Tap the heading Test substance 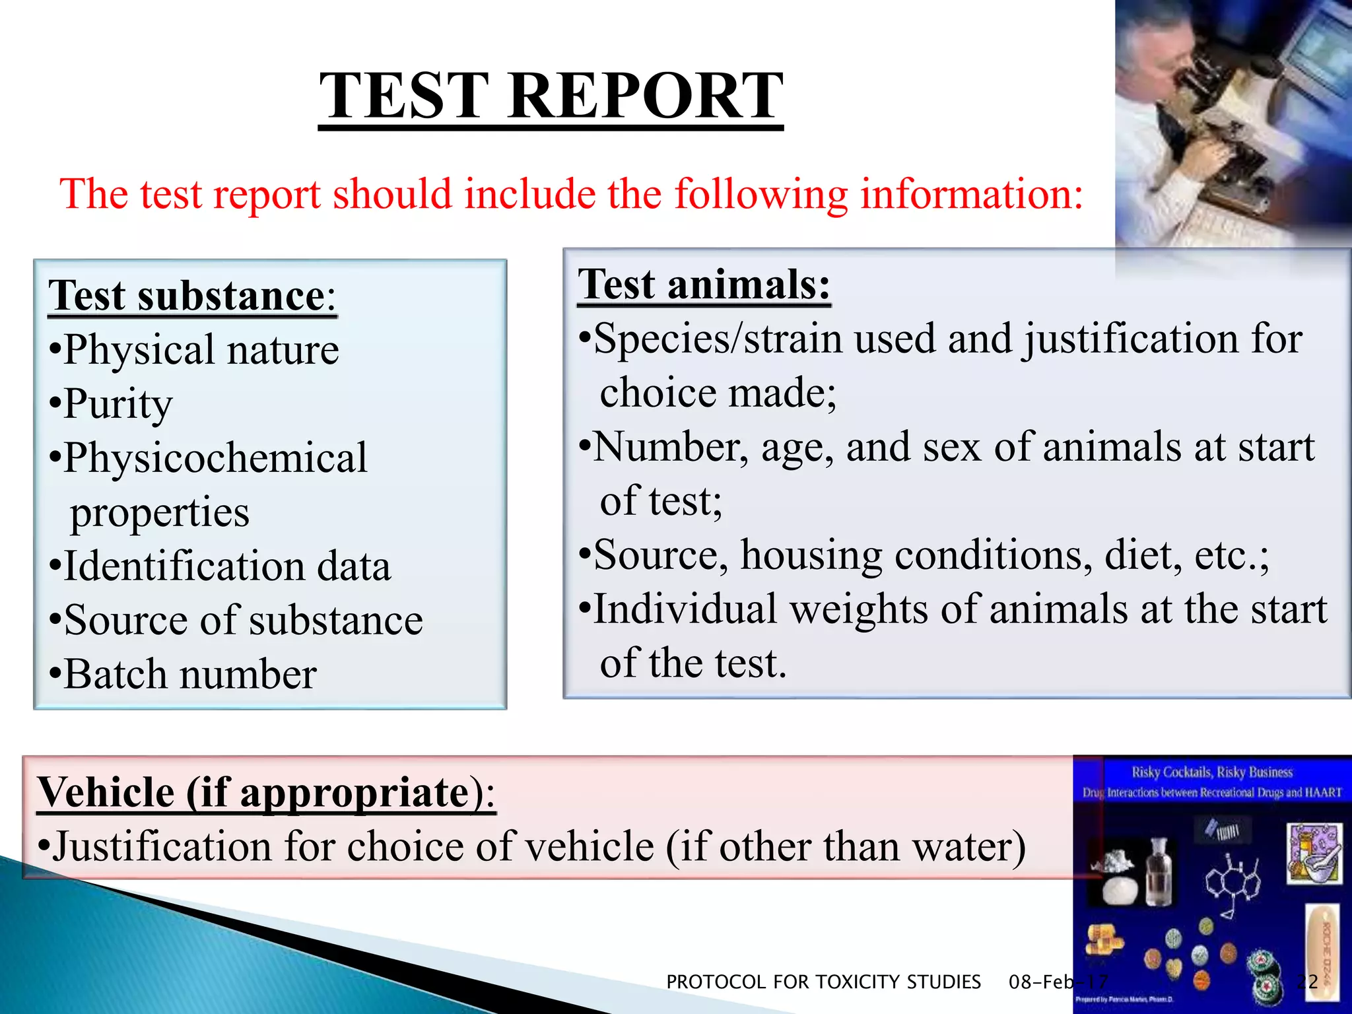[187, 296]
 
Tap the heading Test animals [704, 285]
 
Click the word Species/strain [718, 339]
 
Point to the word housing [811, 555]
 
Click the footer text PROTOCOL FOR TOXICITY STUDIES [823, 982]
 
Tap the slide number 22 [1307, 982]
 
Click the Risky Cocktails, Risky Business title [1212, 772]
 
